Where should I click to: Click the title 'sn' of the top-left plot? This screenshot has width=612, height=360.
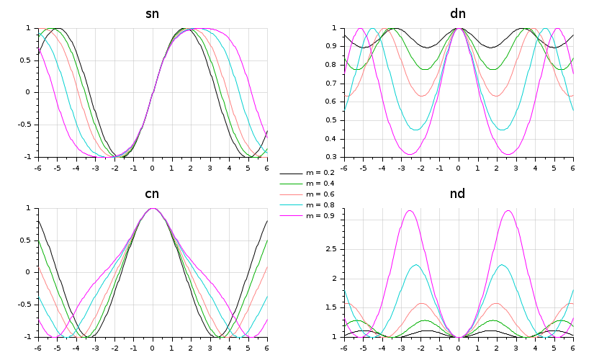coord(152,14)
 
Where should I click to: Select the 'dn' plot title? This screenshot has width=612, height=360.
coord(458,14)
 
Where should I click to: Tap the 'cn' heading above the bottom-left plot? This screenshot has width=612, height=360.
coord(152,194)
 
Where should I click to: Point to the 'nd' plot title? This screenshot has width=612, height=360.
coord(458,194)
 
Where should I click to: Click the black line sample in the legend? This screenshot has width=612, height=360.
coord(290,174)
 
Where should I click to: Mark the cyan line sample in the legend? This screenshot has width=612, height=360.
coord(290,206)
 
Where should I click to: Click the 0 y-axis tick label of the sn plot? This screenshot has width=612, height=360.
coord(28,92)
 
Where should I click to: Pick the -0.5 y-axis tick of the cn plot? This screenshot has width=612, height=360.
coord(24,305)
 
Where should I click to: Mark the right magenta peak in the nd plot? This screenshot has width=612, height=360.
coord(508,210)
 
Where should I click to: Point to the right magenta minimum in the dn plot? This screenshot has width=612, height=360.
coord(508,154)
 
